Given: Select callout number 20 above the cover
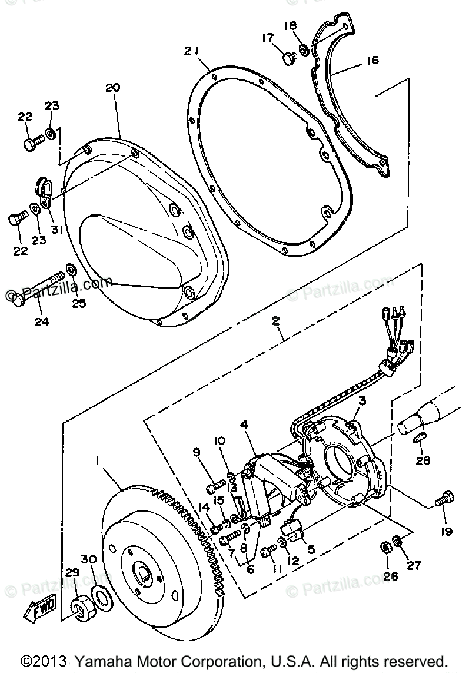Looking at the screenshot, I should click(x=112, y=88).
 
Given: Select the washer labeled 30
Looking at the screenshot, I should click(x=101, y=599).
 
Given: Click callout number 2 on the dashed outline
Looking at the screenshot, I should click(x=275, y=321).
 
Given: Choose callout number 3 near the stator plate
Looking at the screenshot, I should click(x=362, y=401).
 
